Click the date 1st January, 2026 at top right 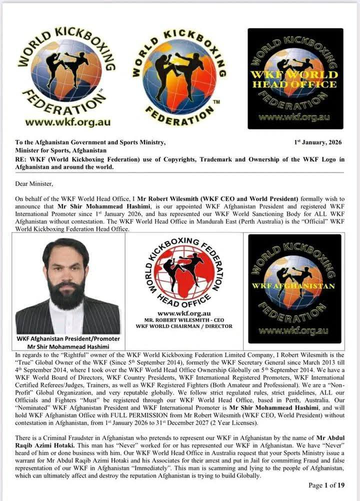pyautogui.click(x=318, y=142)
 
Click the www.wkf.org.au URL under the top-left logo pyautogui.click(x=67, y=121)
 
